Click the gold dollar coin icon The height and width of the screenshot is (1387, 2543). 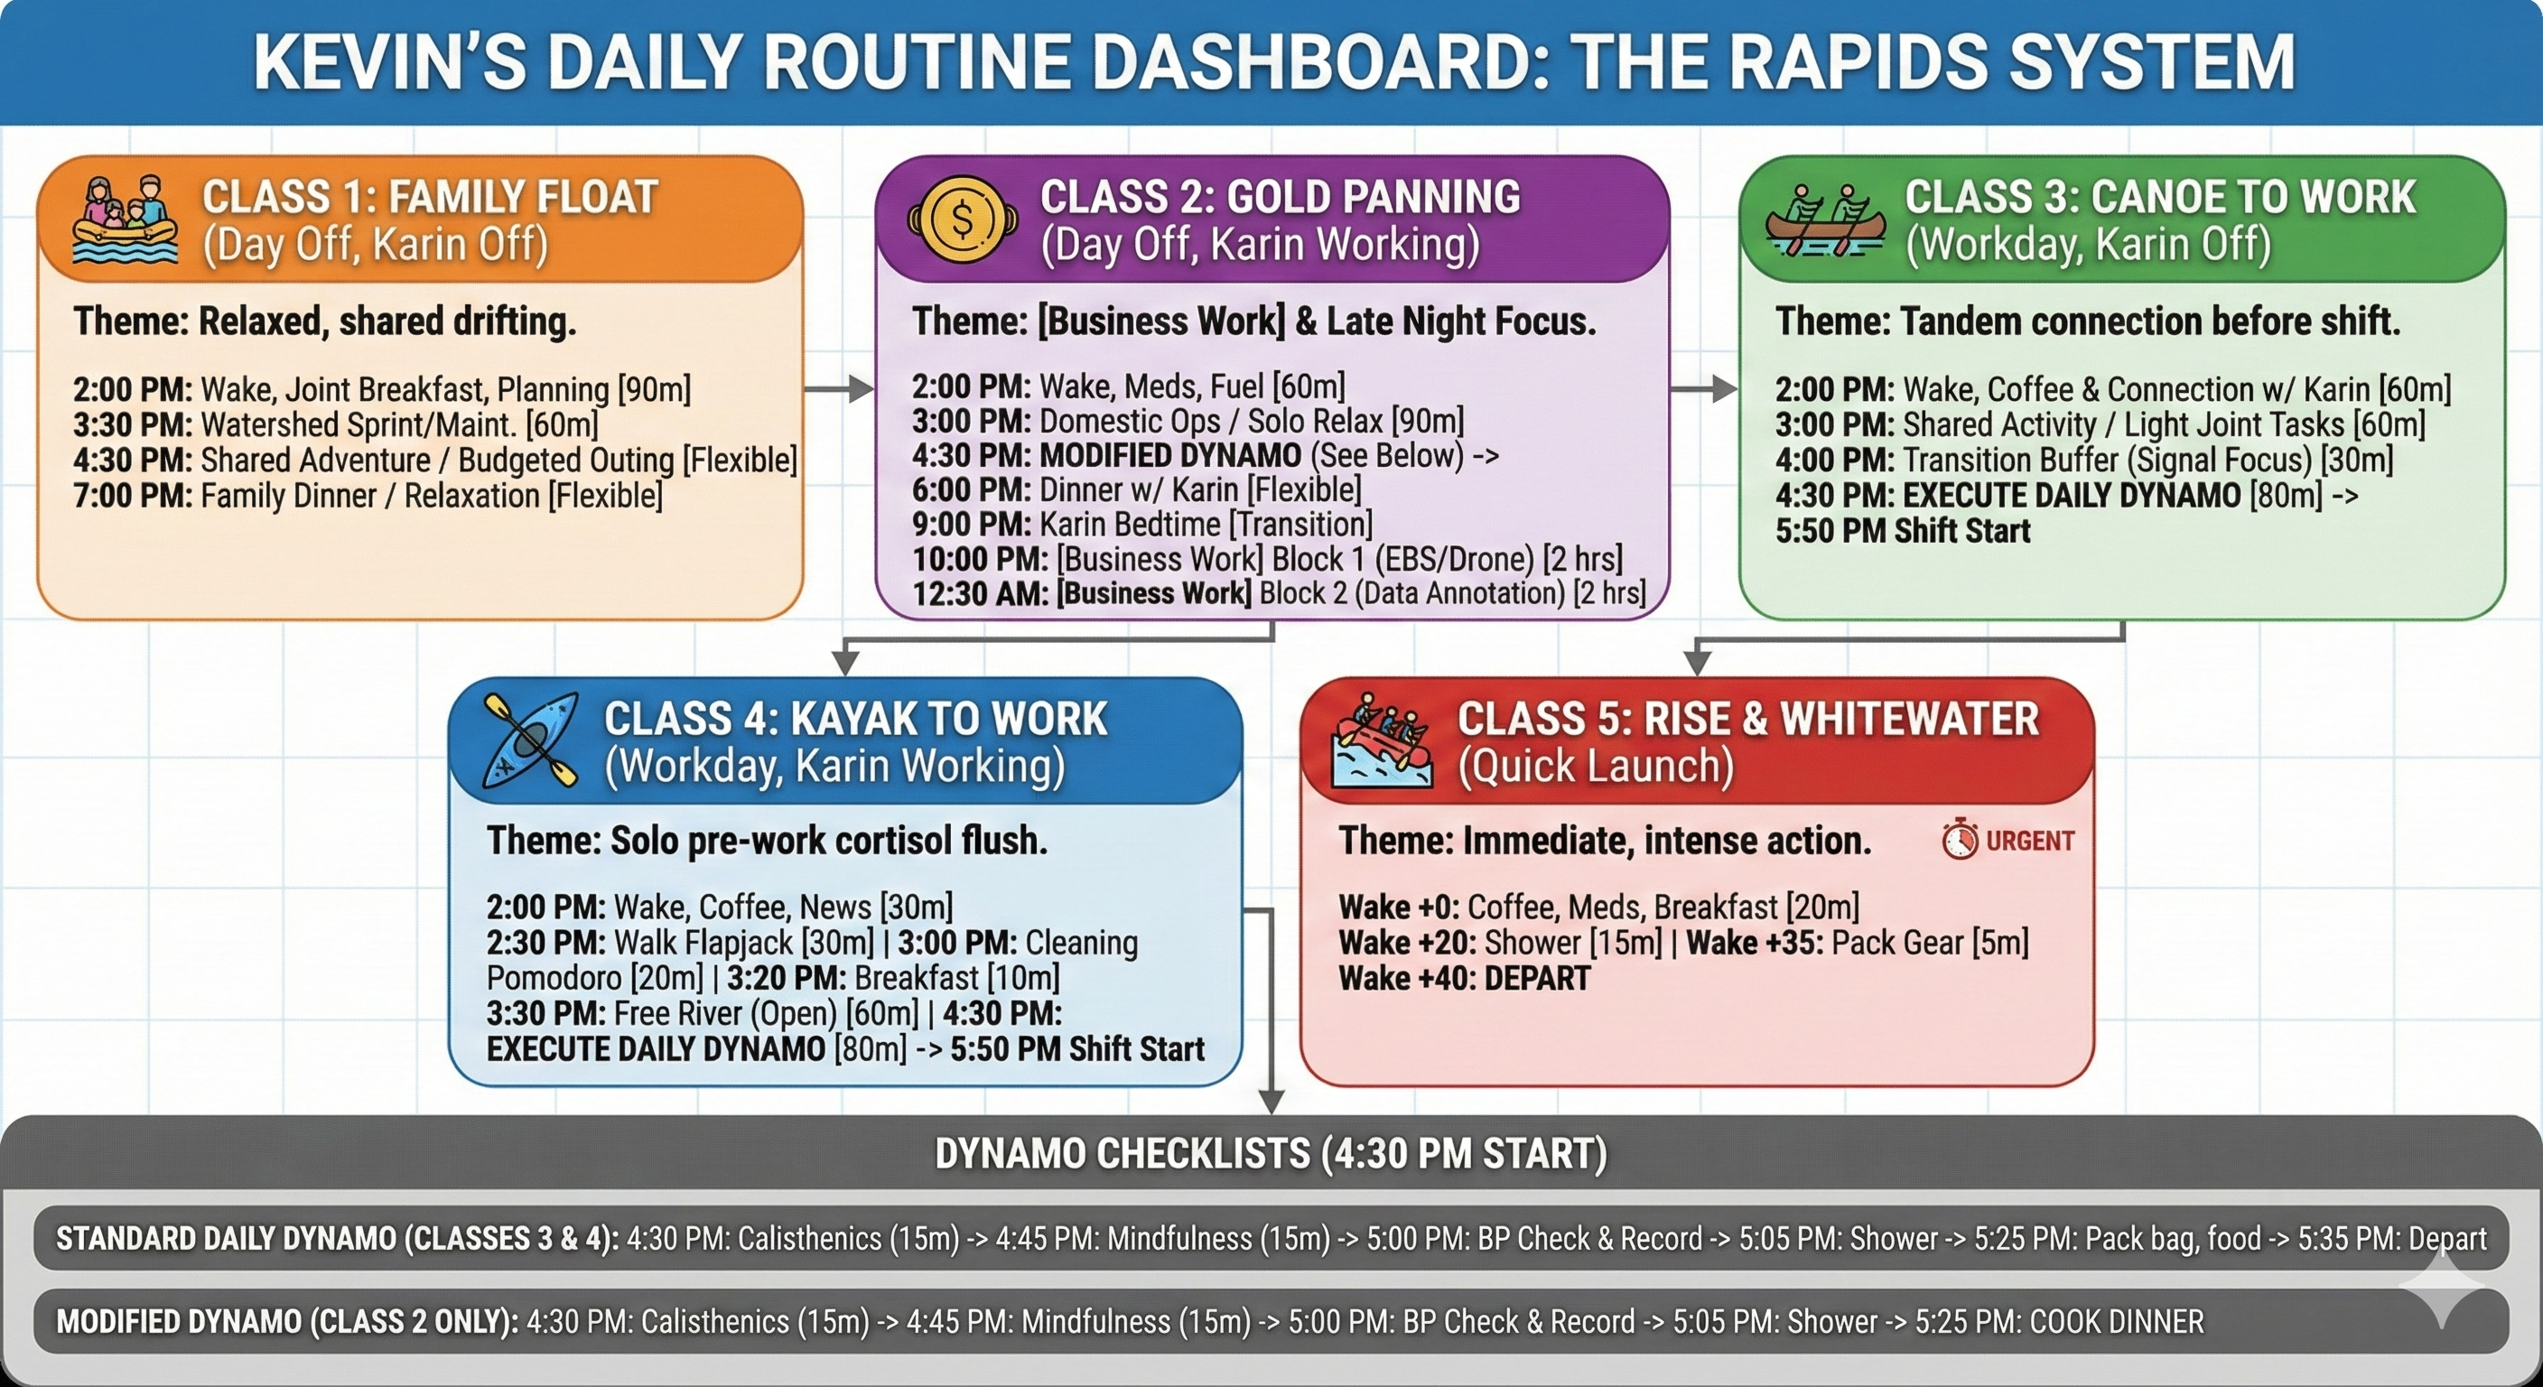pyautogui.click(x=962, y=219)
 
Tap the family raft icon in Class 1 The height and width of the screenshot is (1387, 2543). pyautogui.click(x=125, y=219)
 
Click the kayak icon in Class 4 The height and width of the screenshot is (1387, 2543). pyautogui.click(x=530, y=740)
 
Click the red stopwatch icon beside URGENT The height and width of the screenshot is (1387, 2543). pyautogui.click(x=1960, y=840)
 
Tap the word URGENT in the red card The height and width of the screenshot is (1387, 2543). pyautogui.click(x=2030, y=841)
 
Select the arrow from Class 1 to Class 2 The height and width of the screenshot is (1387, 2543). pyautogui.click(x=839, y=389)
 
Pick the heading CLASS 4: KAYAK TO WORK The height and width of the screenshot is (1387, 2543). pyautogui.click(x=855, y=719)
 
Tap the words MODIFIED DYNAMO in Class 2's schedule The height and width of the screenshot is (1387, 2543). pyautogui.click(x=1169, y=455)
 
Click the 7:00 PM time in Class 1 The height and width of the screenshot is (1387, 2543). pyautogui.click(x=132, y=496)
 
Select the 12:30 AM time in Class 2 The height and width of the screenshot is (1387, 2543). pyautogui.click(x=981, y=593)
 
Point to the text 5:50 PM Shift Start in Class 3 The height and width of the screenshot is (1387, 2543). pyautogui.click(x=1903, y=531)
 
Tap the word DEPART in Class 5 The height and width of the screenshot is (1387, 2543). pyautogui.click(x=1537, y=978)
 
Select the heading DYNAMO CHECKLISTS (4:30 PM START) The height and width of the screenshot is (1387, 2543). pyautogui.click(x=1271, y=1153)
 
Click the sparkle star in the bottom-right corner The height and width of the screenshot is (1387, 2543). pyautogui.click(x=2445, y=1288)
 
